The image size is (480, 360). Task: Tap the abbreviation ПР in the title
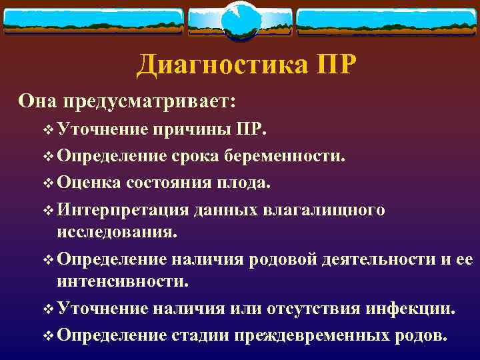point(329,65)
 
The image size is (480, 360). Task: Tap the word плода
point(248,182)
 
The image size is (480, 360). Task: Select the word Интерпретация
point(123,210)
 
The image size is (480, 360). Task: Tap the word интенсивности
point(122,282)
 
